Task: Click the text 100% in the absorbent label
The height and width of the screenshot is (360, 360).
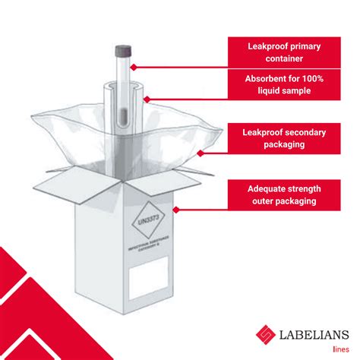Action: pyautogui.click(x=319, y=78)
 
